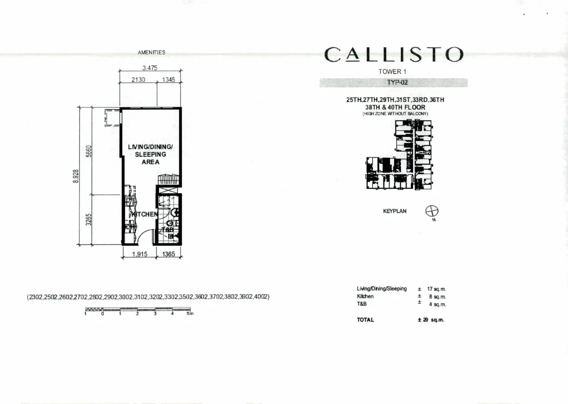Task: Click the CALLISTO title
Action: [x=394, y=55]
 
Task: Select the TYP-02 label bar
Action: [x=394, y=83]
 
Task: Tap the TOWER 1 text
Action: [x=393, y=72]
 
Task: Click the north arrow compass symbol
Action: [x=432, y=211]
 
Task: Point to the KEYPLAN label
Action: [x=395, y=211]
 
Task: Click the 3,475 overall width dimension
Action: [x=149, y=68]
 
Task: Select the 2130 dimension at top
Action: [x=137, y=79]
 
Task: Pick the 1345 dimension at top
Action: [x=169, y=79]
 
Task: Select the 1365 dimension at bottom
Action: [x=169, y=254]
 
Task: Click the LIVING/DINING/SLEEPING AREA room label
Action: [x=150, y=154]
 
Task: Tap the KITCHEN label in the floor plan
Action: [x=144, y=214]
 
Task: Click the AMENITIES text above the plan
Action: [x=151, y=52]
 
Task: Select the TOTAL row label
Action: [x=365, y=320]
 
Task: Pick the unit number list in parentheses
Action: [x=148, y=297]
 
